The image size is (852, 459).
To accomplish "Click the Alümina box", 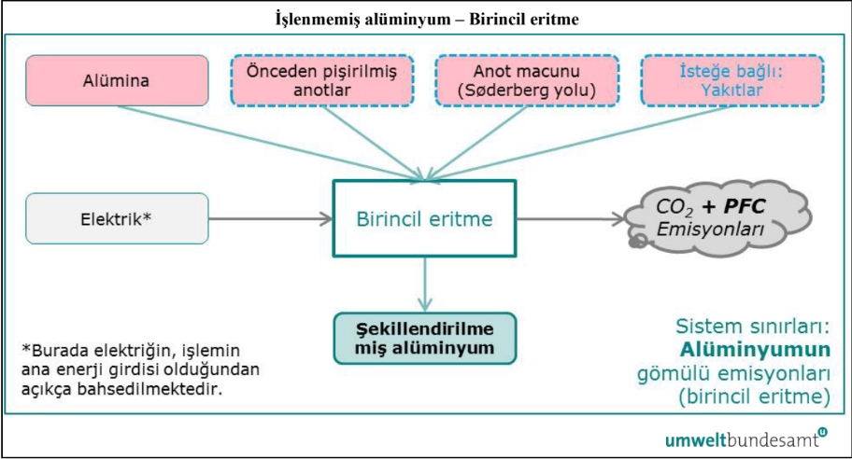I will point(117,79).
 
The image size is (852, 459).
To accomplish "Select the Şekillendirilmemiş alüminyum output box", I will point(424,339).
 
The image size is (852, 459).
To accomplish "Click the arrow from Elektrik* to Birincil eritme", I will point(271,220).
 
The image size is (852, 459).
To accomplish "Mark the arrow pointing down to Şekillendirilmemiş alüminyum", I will point(424,285).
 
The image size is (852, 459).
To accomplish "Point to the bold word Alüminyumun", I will point(756,350).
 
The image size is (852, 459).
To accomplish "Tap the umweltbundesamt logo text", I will point(738,438).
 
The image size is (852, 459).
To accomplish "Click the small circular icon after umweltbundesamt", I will point(822,432).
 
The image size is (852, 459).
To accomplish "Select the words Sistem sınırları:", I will point(752,327).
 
